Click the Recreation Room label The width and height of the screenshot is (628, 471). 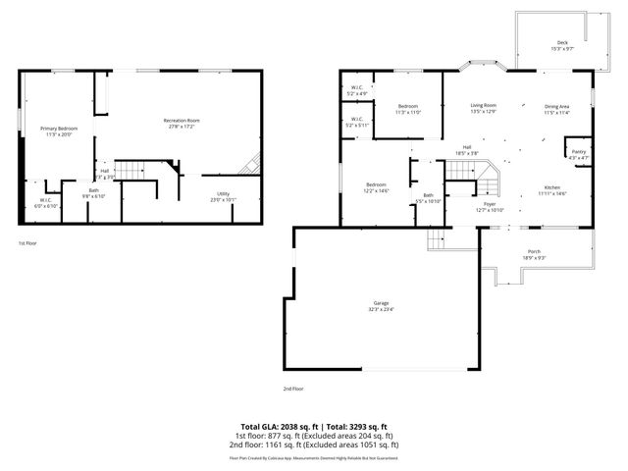pyautogui.click(x=183, y=121)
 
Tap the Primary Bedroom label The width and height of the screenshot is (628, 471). pyautogui.click(x=59, y=129)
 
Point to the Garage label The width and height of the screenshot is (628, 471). pyautogui.click(x=382, y=304)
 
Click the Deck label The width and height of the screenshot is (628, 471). pyautogui.click(x=562, y=42)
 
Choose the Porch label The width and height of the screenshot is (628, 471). pyautogui.click(x=534, y=252)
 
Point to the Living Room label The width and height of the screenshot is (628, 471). pyautogui.click(x=483, y=105)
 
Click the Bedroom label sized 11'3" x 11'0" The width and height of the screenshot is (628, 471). pyautogui.click(x=407, y=106)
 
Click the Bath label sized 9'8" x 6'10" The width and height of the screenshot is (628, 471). pyautogui.click(x=93, y=190)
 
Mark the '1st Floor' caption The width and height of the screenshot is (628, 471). pyautogui.click(x=28, y=242)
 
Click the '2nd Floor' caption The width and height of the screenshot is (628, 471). pyautogui.click(x=294, y=389)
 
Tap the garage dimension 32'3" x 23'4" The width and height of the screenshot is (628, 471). pyautogui.click(x=382, y=311)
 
